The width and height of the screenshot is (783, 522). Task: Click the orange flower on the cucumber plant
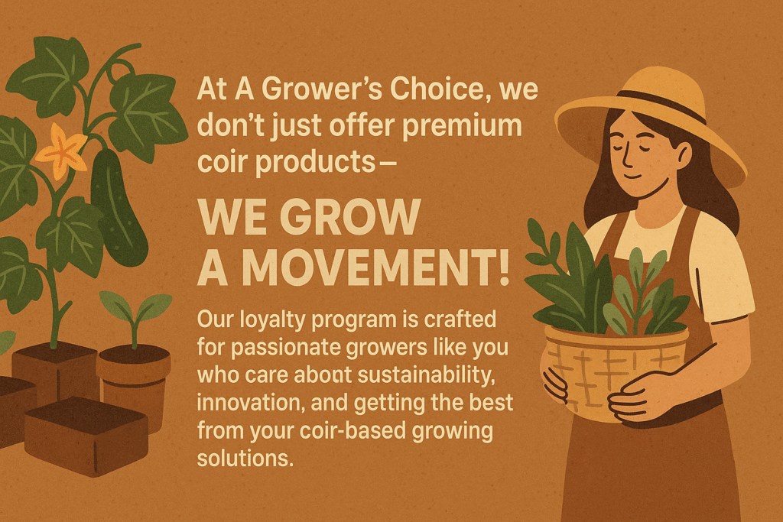tap(62, 151)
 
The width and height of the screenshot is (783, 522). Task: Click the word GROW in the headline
tap(349, 217)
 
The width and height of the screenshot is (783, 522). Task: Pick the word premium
tap(462, 126)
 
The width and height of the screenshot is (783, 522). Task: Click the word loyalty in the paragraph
tap(273, 320)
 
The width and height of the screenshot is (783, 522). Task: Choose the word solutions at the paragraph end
tap(245, 458)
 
